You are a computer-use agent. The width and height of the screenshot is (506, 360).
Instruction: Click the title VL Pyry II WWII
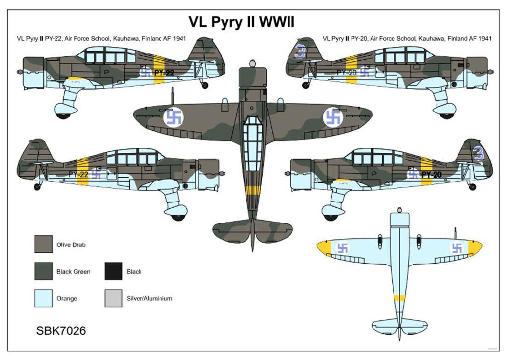[241, 23]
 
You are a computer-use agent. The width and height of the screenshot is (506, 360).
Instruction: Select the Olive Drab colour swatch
[43, 244]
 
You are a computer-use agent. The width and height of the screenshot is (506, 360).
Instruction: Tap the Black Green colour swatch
[43, 271]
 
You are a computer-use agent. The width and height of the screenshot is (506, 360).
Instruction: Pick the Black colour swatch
[113, 271]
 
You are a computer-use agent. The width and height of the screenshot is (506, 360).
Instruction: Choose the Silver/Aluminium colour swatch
[113, 298]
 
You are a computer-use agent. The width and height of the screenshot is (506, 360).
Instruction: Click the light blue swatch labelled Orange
[43, 298]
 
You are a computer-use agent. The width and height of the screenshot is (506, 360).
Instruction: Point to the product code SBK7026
[61, 331]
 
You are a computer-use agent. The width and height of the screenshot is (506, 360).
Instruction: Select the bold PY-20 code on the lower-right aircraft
[431, 174]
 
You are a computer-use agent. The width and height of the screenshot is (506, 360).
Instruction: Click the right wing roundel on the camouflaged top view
[333, 117]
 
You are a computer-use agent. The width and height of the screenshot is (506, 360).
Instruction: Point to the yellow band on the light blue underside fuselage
[399, 298]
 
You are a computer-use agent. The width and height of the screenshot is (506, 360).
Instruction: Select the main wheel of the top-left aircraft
[62, 114]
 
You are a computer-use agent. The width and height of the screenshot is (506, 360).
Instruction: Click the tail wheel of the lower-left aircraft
[37, 186]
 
